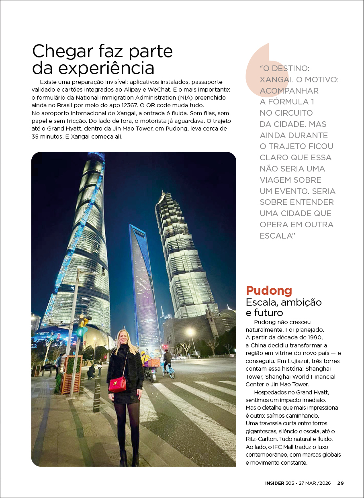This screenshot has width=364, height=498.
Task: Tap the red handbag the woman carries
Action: (x=117, y=384)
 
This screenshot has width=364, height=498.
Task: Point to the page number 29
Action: (x=340, y=483)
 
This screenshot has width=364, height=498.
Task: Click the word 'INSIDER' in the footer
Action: (x=276, y=483)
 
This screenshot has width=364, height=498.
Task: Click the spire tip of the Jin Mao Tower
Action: (x=163, y=193)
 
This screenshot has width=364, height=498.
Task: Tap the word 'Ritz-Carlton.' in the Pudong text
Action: (x=262, y=439)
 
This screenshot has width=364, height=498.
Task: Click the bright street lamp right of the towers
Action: (x=190, y=331)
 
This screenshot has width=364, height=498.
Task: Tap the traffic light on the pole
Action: (x=82, y=326)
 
